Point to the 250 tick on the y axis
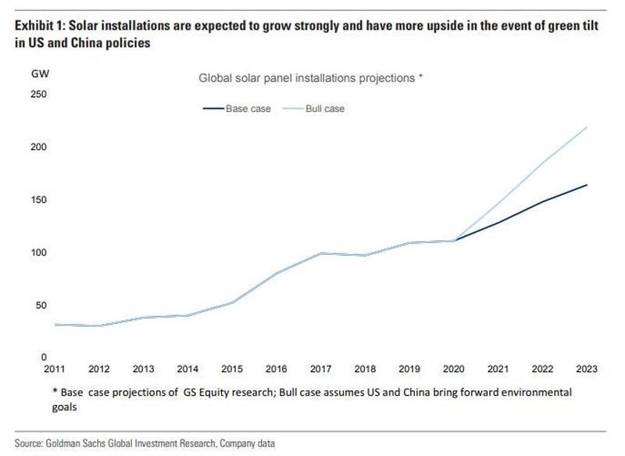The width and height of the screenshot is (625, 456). click(37, 95)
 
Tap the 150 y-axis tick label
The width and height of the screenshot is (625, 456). click(37, 200)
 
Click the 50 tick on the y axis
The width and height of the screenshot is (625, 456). click(40, 305)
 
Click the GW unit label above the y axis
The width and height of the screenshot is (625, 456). click(38, 75)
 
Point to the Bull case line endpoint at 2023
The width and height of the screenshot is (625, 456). click(587, 127)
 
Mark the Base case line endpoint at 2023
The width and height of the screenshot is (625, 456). click(587, 185)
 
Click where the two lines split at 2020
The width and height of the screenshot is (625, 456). click(454, 240)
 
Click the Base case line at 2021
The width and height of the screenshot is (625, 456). click(498, 222)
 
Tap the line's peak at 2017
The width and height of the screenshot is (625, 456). click(321, 253)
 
